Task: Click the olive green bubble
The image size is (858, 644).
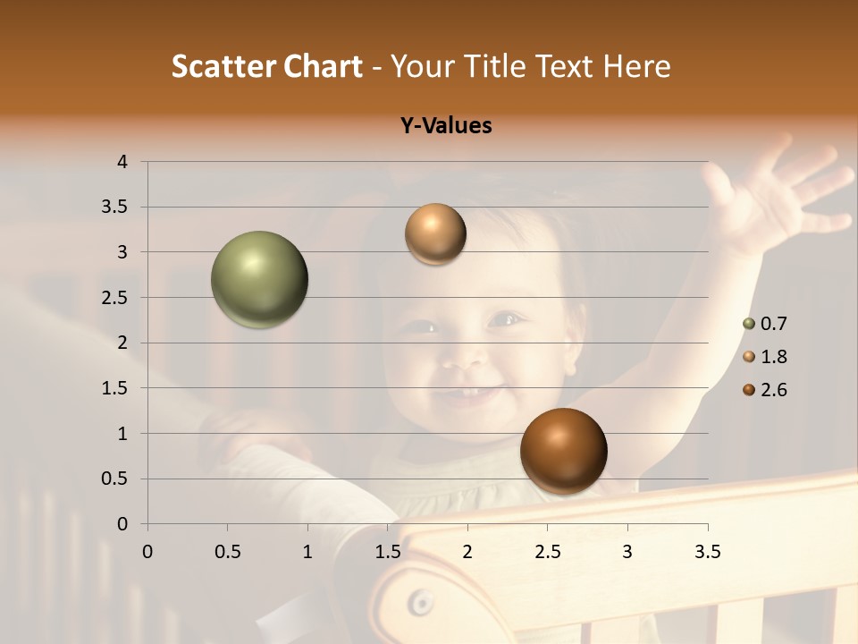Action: pyautogui.click(x=260, y=279)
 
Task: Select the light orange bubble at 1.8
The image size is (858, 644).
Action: pyautogui.click(x=435, y=234)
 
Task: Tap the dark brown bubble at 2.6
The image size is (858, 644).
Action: pyautogui.click(x=563, y=451)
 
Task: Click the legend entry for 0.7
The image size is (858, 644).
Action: pyautogui.click(x=765, y=323)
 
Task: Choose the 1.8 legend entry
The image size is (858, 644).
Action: pyautogui.click(x=765, y=357)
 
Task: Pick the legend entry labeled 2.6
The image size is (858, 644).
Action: pyautogui.click(x=765, y=390)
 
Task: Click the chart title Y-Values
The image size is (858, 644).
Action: pyautogui.click(x=445, y=126)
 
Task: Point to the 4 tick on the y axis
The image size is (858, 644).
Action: pyautogui.click(x=122, y=162)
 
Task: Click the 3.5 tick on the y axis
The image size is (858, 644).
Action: pyautogui.click(x=115, y=208)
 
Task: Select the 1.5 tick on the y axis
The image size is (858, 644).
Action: pyautogui.click(x=115, y=388)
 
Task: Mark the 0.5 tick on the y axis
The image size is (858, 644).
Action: pyautogui.click(x=115, y=479)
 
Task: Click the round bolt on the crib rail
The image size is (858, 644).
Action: pyautogui.click(x=417, y=602)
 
